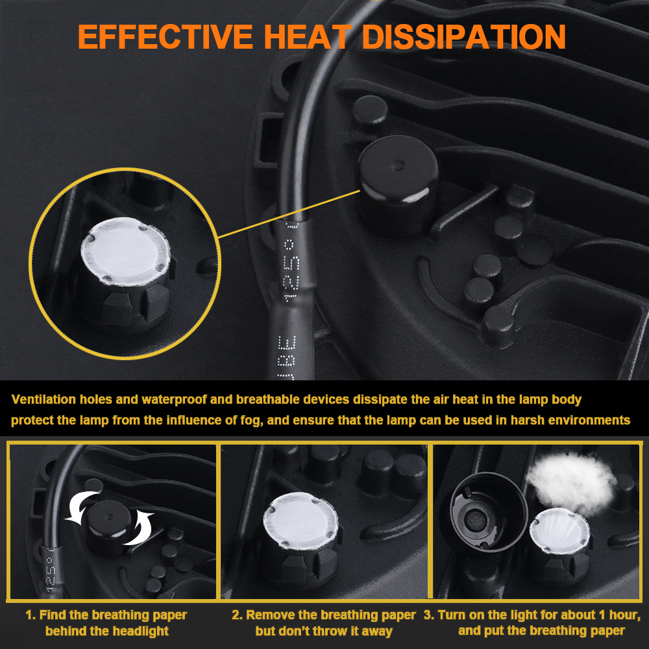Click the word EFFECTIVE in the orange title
[165, 37]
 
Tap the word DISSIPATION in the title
[463, 37]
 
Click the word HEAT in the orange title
[308, 37]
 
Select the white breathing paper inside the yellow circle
[125, 251]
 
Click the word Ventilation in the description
[44, 399]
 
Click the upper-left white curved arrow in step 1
[81, 507]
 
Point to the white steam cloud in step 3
[572, 482]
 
